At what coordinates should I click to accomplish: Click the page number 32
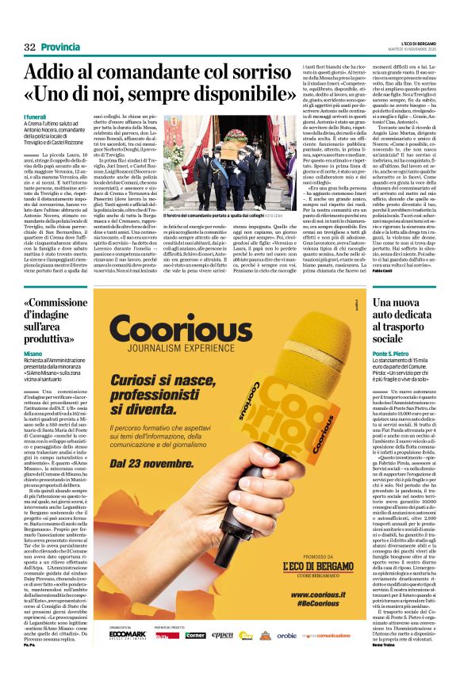tap(30, 48)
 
